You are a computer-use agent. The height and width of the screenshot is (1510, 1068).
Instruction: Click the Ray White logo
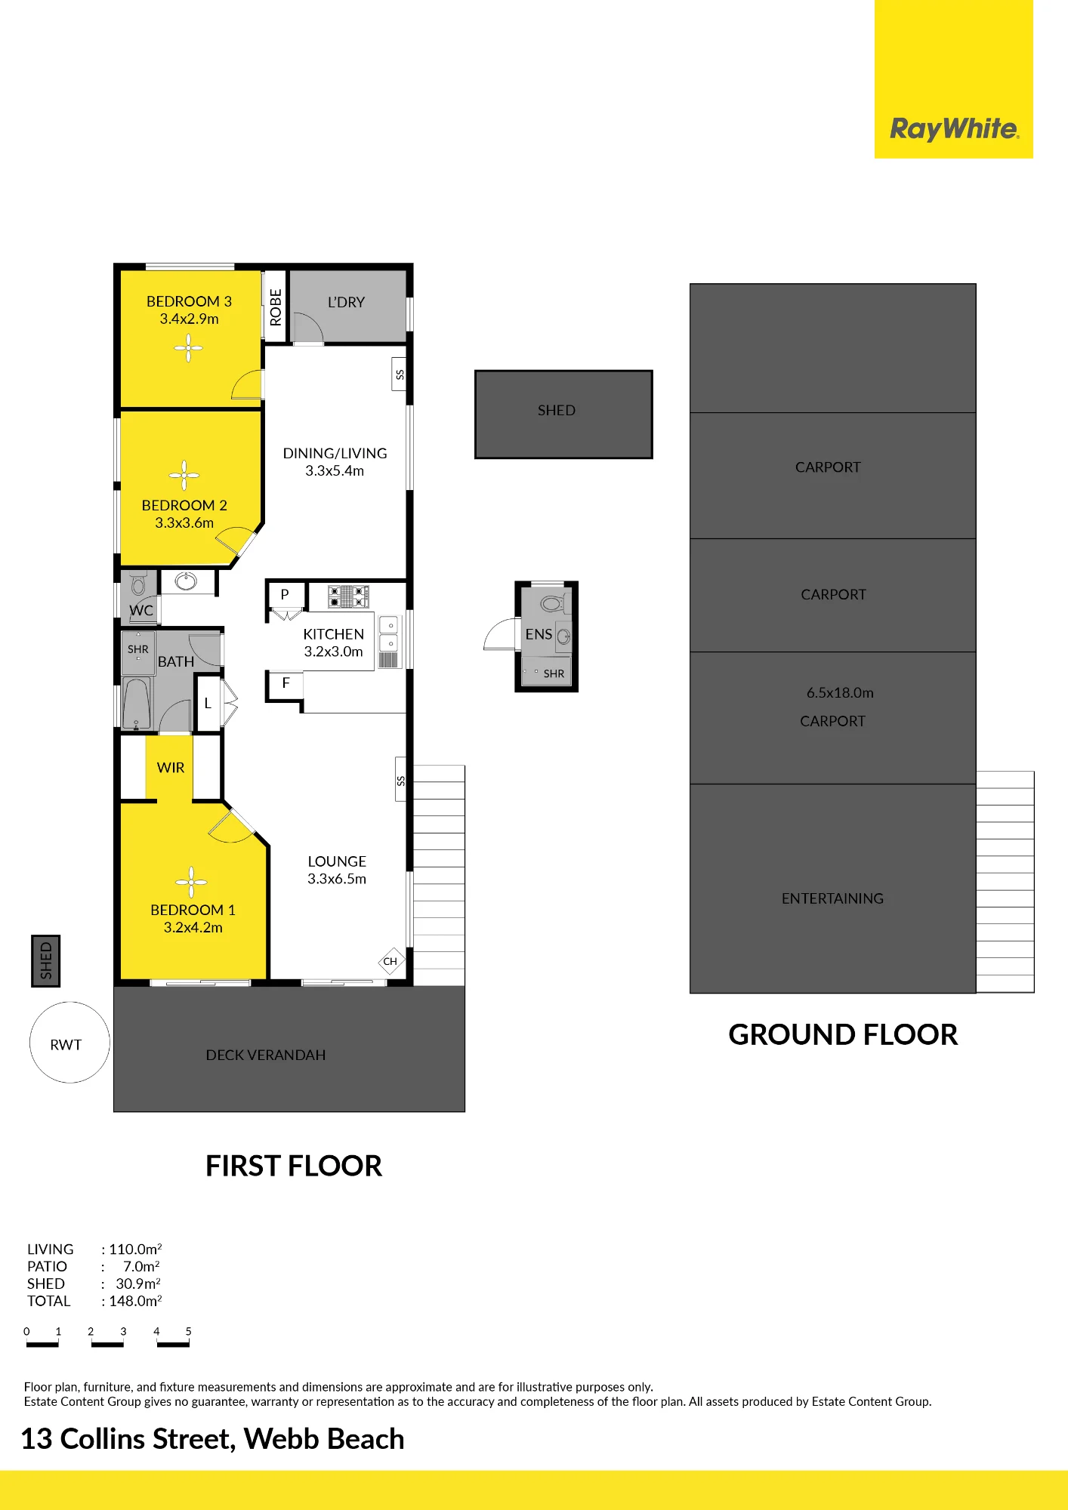point(954,129)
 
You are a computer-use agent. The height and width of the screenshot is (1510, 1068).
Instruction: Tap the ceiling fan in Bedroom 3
point(189,348)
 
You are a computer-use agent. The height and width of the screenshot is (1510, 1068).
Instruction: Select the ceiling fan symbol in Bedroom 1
point(192,882)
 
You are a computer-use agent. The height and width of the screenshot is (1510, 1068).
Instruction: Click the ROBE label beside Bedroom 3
point(276,307)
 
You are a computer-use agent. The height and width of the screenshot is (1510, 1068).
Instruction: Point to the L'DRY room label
point(346,302)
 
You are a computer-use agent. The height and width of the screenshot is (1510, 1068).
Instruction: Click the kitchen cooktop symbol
point(348,596)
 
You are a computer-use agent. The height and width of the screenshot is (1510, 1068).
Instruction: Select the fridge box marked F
point(286,683)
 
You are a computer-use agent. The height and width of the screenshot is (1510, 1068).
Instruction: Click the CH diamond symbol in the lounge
point(390,961)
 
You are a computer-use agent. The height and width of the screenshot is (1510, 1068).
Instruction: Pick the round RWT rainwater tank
point(69,1042)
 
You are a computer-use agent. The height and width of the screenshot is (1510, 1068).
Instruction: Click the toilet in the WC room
point(138,584)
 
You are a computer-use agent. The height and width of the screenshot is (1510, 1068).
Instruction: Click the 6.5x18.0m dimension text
point(840,692)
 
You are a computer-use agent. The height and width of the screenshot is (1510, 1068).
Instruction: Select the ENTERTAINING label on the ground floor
point(832,898)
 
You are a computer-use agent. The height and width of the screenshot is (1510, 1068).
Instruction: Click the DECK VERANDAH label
point(266,1055)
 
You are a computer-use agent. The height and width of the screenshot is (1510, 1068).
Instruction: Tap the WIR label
point(171,768)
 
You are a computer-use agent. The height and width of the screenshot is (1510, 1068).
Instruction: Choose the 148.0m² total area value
point(135,1301)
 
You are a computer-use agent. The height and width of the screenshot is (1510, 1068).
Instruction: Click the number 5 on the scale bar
point(189,1331)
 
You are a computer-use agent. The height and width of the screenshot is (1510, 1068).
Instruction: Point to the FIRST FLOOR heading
point(294,1166)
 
